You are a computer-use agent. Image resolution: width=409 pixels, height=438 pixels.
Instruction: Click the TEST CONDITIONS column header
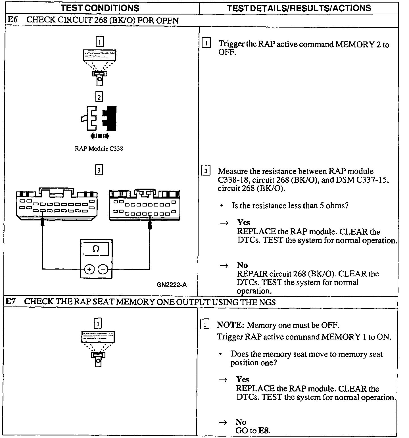click(100, 8)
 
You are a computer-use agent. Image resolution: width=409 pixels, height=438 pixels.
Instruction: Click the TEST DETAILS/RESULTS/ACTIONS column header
click(299, 8)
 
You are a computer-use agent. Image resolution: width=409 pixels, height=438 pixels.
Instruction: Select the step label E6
click(12, 20)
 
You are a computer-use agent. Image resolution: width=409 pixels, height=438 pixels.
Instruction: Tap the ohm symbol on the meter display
click(96, 249)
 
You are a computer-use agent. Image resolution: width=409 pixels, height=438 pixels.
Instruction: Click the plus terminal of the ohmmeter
click(89, 269)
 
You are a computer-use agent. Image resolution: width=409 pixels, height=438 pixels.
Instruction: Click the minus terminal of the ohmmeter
click(103, 269)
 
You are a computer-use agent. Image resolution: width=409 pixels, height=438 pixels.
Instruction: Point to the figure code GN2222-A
click(172, 285)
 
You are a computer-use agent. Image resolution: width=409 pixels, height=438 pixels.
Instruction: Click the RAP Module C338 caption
click(99, 149)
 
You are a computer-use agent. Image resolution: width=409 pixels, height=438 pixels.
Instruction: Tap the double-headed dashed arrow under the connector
click(99, 136)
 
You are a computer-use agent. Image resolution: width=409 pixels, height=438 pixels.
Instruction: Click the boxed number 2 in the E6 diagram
click(99, 97)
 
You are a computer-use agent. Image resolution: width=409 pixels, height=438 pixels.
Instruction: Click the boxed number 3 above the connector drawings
click(99, 170)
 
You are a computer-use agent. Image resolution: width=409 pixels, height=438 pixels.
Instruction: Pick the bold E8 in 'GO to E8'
click(264, 430)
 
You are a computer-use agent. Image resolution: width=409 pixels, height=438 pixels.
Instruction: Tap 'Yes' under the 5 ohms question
click(244, 222)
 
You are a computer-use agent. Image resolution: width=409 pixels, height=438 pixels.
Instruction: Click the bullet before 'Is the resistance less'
click(222, 206)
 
